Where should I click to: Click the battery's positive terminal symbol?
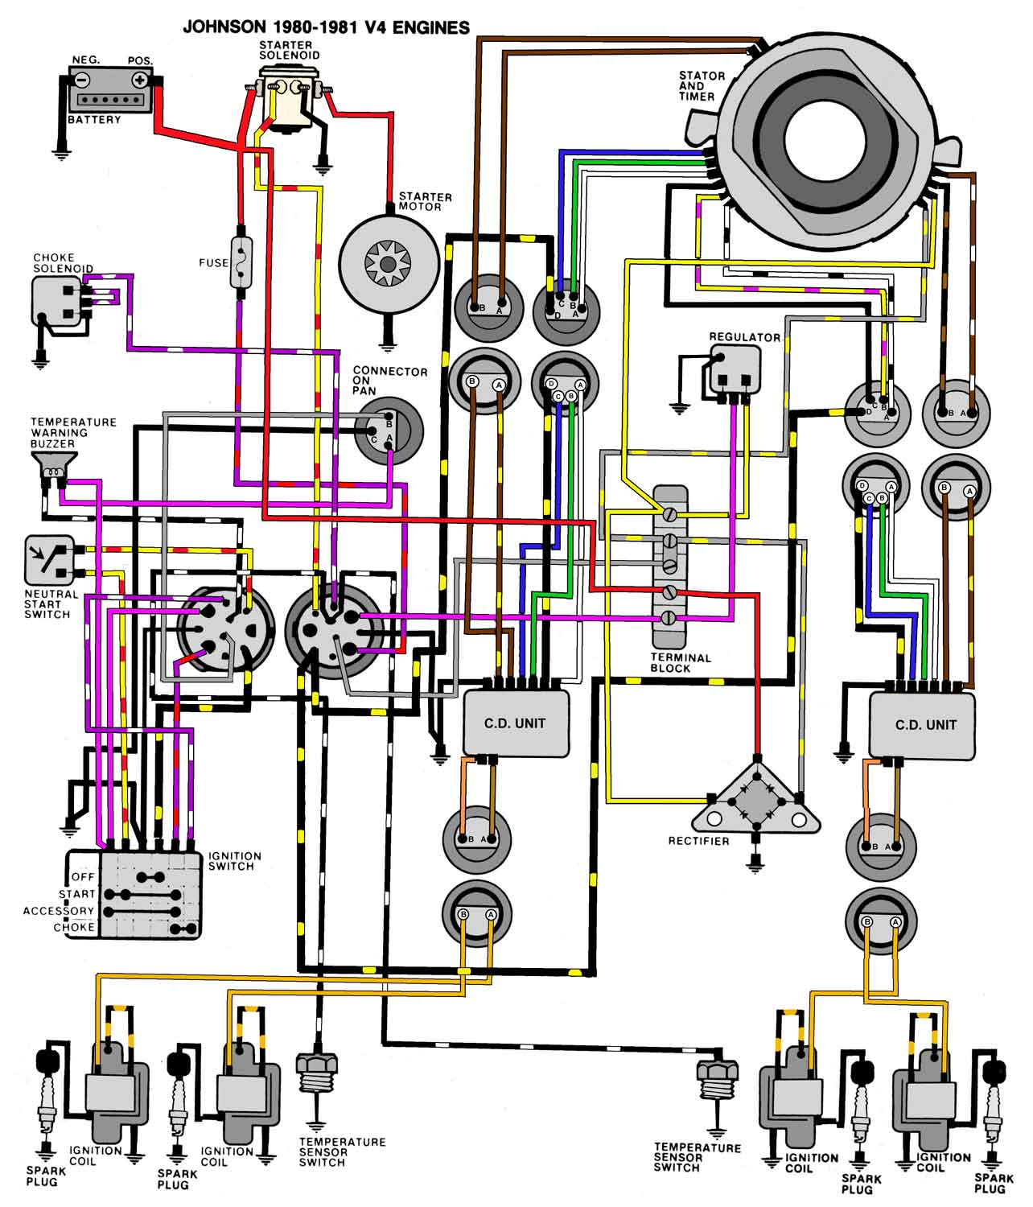(x=140, y=80)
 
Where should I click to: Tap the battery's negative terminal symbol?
(x=82, y=80)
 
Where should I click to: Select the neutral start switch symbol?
(x=48, y=560)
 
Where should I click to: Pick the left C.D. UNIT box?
(x=515, y=723)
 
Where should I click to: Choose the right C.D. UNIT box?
(x=925, y=724)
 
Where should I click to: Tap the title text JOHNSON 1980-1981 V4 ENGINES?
(x=326, y=27)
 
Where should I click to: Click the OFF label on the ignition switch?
(x=83, y=876)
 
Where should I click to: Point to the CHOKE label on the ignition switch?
(x=74, y=927)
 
